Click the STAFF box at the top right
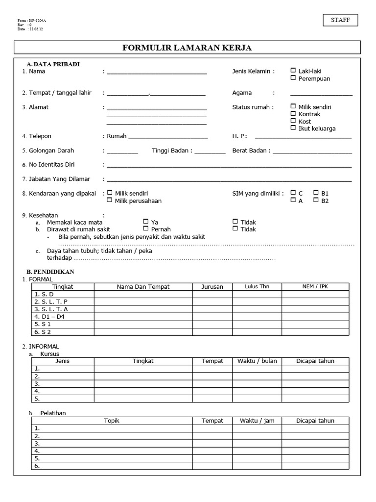pos(340,20)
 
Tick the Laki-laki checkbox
pos(293,71)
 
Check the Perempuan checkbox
pos(293,78)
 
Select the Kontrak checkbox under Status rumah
pos(293,114)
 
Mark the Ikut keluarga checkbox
pos(293,128)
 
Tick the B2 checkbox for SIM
pos(316,200)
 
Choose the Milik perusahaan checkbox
pos(110,200)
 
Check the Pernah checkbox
pos(146,228)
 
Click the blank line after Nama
pos(157,73)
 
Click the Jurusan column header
pos(212,287)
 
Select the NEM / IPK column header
pos(315,286)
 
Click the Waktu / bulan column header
pos(257,361)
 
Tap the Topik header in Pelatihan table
pos(112,421)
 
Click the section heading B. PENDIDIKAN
pos(50,271)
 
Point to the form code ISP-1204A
pos(38,21)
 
